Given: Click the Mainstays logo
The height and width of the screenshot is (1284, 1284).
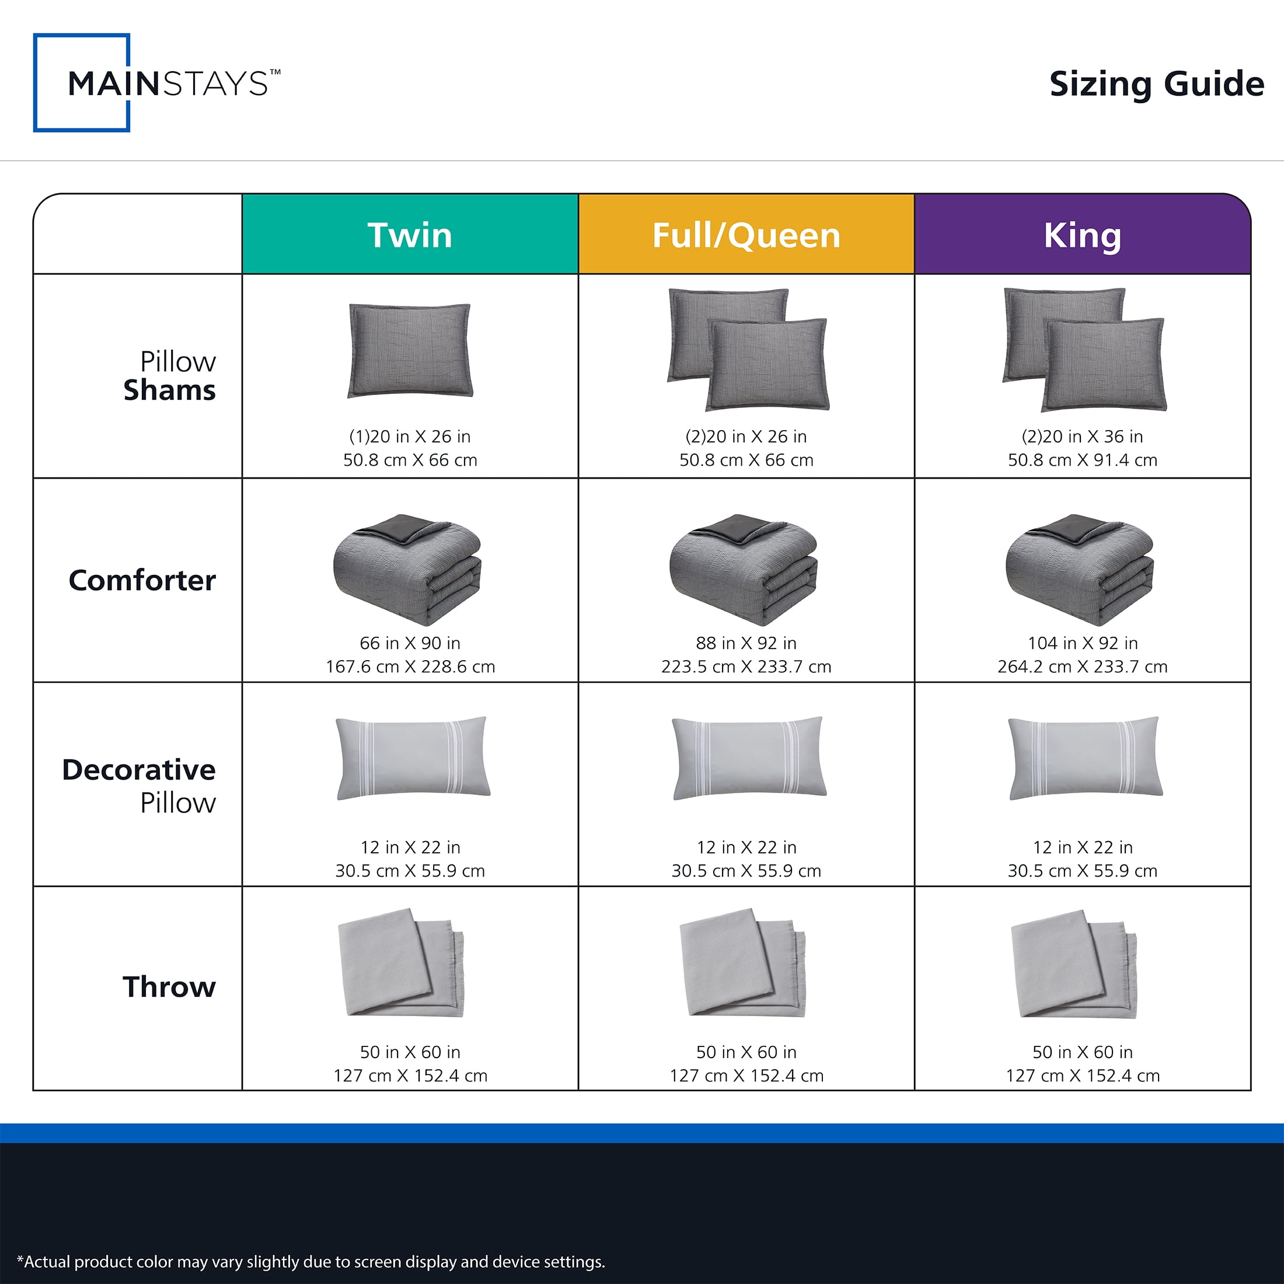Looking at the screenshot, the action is [x=157, y=83].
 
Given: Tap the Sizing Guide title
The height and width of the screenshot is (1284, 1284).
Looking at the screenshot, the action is [x=1156, y=85].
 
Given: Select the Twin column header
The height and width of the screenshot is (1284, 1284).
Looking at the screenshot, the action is [x=410, y=235].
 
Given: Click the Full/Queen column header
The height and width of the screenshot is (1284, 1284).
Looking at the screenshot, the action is [x=746, y=235].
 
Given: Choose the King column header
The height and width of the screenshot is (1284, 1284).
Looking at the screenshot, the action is [x=1083, y=235].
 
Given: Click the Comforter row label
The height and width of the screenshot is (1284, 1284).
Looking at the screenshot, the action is [x=142, y=580].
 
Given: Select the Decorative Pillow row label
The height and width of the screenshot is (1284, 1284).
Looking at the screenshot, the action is [x=139, y=786].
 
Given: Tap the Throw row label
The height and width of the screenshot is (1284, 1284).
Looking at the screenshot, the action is [x=169, y=987].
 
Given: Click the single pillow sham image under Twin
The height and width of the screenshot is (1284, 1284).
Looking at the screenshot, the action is [x=410, y=350].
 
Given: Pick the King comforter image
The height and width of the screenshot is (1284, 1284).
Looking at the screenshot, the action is [x=1080, y=569].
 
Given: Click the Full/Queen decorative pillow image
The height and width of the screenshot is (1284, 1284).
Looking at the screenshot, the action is [x=749, y=758].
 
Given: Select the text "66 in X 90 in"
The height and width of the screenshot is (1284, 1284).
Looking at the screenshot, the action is [x=410, y=643].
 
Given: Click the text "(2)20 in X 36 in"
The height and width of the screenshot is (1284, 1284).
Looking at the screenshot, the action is [x=1083, y=437].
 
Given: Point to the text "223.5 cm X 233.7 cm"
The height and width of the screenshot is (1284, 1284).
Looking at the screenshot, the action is [x=746, y=667].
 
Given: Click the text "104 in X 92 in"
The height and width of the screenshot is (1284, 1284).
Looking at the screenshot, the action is [x=1083, y=643].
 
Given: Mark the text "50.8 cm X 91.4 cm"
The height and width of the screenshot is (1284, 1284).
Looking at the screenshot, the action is [x=1083, y=460].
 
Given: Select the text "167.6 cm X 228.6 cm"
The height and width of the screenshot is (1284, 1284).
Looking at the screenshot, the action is [x=410, y=667].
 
